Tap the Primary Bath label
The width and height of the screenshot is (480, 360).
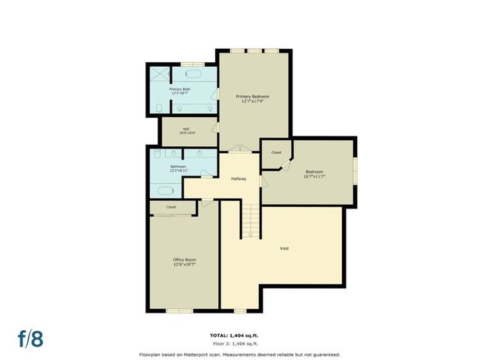181,89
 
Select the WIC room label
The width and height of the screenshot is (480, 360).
186,128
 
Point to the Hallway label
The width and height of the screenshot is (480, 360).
238,178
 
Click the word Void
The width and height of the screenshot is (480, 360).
284,248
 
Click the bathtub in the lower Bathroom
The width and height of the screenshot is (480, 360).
163,190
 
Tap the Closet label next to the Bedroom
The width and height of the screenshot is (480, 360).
276,152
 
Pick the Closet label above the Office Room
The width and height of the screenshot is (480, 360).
171,207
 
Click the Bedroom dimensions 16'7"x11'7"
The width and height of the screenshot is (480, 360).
315,177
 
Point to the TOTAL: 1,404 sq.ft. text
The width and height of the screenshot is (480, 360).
239,335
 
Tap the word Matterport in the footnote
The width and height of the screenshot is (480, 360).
208,354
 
